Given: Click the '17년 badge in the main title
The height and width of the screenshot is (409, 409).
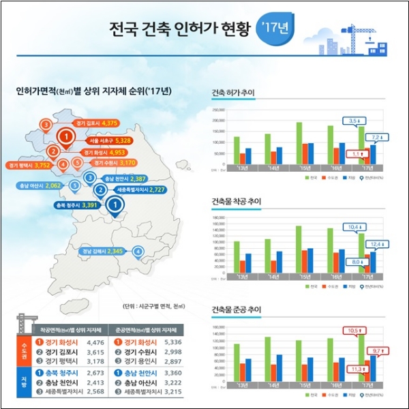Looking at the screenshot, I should coord(273,30).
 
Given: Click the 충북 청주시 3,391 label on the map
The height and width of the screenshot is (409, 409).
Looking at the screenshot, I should coord(75,204).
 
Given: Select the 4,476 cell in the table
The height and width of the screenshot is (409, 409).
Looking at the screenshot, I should coord(97,343).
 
